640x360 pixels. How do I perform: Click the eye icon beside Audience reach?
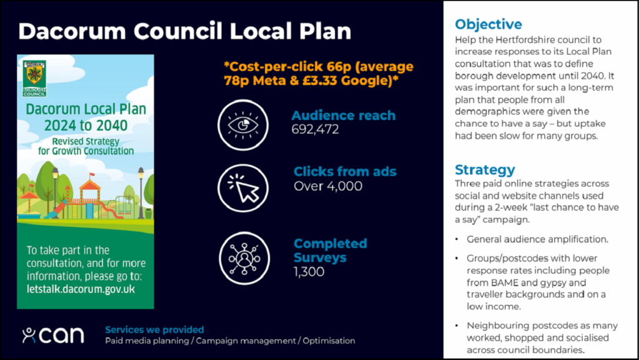243,125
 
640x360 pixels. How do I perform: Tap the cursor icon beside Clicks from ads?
243,188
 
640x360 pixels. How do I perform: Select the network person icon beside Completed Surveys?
244,258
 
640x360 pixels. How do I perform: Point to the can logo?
53,335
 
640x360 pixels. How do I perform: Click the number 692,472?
315,129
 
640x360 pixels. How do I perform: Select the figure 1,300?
309,271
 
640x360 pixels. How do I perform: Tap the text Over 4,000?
328,186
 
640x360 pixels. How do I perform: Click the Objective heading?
489,24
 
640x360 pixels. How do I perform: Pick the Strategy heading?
485,169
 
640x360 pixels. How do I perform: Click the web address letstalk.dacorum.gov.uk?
81,289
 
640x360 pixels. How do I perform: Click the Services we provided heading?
154,329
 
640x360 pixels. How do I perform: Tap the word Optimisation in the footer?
329,341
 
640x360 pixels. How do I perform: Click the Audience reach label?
343,116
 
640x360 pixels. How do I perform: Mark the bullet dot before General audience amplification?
457,239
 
